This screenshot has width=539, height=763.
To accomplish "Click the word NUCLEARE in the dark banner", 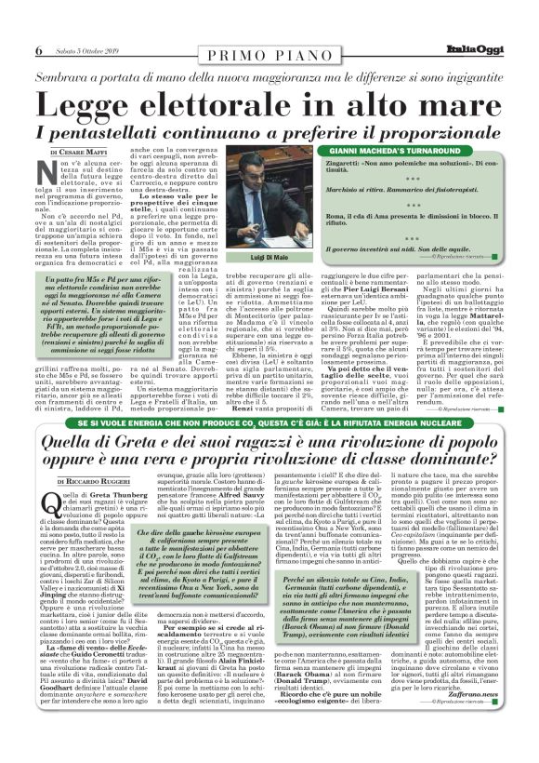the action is pyautogui.click(x=434, y=396).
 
